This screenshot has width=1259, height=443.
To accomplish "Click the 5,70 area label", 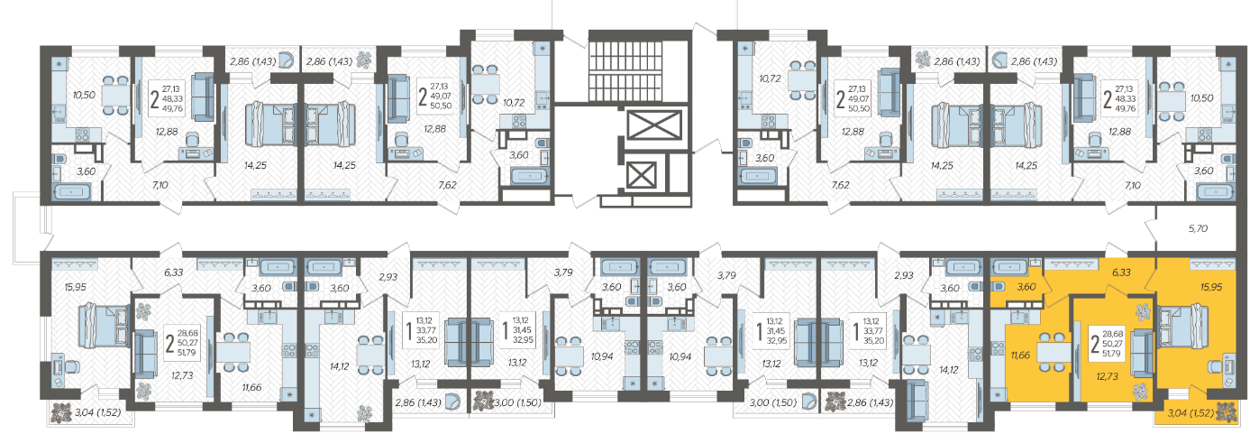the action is (x=1198, y=228).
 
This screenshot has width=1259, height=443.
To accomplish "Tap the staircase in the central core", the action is (x=639, y=68).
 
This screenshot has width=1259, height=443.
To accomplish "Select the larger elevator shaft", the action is (x=654, y=125).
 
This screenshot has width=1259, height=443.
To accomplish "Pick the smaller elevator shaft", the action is (x=642, y=175).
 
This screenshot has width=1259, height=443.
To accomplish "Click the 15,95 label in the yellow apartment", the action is (x=1211, y=287).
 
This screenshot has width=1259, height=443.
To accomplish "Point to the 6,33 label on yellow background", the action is (x=1121, y=272).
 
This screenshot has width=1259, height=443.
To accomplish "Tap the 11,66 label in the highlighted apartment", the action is (x=1020, y=355).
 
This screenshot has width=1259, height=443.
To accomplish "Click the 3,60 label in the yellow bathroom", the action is (x=1026, y=287).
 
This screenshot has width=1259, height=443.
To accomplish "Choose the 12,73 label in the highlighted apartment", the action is (x=1108, y=376).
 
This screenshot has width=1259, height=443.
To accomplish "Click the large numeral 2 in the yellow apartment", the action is (x=1094, y=344).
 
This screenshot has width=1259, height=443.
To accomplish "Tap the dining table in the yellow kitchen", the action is (x=1054, y=353).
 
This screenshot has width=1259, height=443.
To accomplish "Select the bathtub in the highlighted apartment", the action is (x=1009, y=266).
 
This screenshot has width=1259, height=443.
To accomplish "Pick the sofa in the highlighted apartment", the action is (x=1141, y=354).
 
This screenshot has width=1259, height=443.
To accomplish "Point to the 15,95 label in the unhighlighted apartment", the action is (x=76, y=287).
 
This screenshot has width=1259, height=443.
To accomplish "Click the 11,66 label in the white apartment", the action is (x=251, y=387).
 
